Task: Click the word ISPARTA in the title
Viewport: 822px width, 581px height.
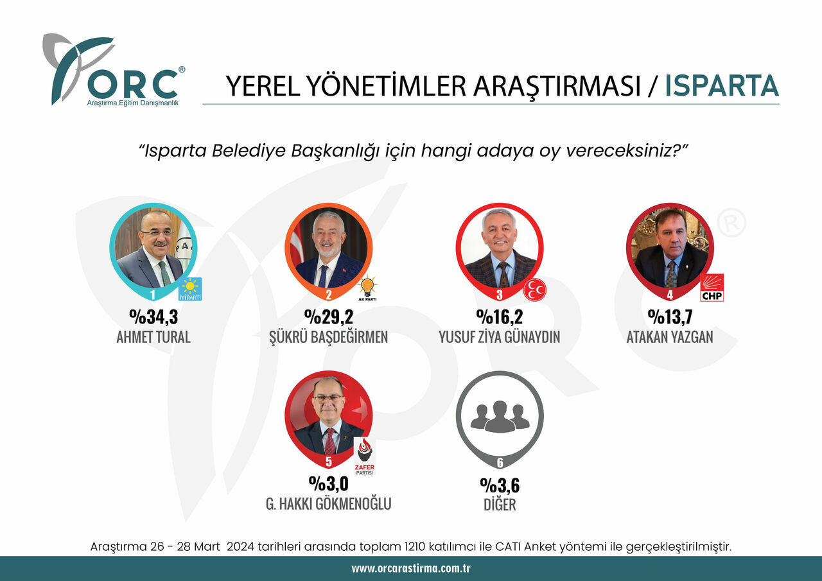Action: point(721,86)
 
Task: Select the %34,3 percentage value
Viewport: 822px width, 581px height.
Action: point(153,317)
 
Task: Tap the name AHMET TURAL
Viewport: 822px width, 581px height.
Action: point(153,337)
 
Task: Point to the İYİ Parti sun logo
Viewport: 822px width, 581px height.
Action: point(190,289)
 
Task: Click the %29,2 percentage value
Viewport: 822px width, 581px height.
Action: point(329,317)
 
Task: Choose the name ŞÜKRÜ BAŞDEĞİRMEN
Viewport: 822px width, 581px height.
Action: point(328,337)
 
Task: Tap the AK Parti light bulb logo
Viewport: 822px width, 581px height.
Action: point(367,288)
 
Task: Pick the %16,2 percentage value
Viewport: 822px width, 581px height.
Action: point(500,317)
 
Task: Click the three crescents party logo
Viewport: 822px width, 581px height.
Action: point(534,290)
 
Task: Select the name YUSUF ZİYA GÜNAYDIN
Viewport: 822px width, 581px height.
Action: point(500,337)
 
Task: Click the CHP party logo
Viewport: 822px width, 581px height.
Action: point(712,288)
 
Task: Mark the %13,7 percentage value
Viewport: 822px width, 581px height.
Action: point(670,317)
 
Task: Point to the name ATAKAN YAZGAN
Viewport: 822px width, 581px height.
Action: point(670,337)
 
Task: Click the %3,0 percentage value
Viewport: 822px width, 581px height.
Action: point(328,483)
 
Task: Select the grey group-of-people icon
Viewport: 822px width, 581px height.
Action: point(500,416)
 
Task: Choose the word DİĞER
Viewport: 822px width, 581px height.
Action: point(500,505)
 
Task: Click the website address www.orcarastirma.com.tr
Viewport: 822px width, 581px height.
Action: point(411,569)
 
